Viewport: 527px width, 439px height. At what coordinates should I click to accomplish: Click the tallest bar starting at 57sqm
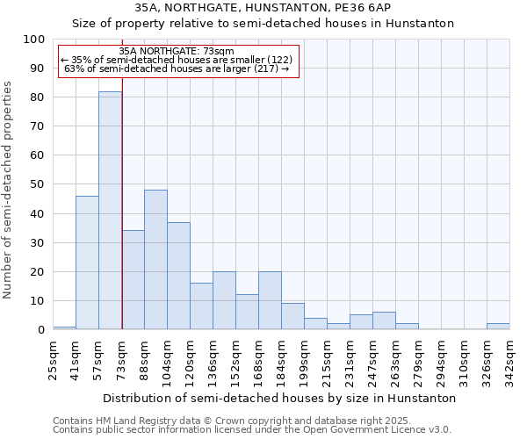click(110, 211)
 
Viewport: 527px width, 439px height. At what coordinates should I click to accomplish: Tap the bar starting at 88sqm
click(155, 260)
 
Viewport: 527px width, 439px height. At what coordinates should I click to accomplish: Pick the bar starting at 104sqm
click(178, 276)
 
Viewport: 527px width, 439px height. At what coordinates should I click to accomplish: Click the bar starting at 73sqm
click(133, 280)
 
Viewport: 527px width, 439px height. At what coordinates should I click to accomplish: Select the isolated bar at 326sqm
click(498, 327)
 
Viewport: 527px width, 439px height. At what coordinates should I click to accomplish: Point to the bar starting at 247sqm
click(384, 320)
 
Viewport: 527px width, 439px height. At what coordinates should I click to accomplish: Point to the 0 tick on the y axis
click(40, 329)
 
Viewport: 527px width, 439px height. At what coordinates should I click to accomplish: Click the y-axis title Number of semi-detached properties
click(9, 190)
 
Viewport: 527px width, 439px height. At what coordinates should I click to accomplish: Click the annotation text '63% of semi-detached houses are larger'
click(177, 68)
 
